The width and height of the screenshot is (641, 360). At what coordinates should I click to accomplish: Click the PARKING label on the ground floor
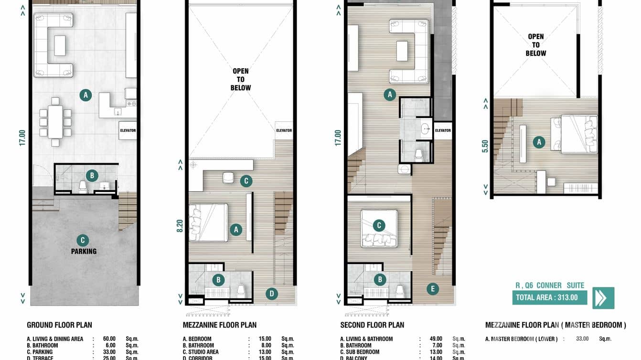[84, 251]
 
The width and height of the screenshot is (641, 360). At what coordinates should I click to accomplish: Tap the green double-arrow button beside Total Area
[603, 298]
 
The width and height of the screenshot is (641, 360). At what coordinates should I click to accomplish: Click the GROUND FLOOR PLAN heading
[59, 325]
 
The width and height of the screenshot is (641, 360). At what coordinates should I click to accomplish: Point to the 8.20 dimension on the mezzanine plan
[180, 226]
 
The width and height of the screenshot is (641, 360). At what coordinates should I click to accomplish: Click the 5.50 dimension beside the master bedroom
[485, 146]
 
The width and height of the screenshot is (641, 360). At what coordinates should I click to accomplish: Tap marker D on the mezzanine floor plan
[271, 294]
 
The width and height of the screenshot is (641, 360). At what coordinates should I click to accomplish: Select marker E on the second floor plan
[432, 288]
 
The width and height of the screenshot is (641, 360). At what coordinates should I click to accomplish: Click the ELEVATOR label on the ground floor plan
[128, 130]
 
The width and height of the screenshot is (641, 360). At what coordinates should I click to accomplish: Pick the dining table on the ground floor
[55, 121]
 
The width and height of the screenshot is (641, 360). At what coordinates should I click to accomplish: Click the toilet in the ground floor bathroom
[83, 188]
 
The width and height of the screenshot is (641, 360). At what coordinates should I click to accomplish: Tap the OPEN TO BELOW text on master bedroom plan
[536, 45]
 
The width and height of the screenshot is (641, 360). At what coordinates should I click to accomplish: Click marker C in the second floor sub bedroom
[379, 225]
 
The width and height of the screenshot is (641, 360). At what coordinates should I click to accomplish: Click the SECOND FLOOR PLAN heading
[372, 325]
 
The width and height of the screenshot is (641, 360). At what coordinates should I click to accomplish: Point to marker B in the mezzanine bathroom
[218, 280]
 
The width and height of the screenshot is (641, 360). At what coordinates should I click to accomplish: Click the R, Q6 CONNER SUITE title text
[550, 286]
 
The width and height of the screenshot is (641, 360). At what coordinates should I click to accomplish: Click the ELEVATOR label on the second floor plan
[443, 130]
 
